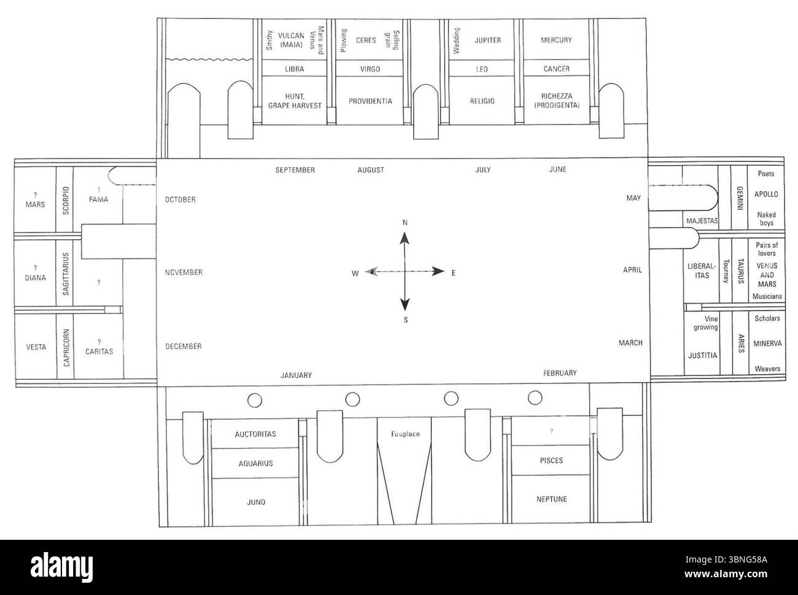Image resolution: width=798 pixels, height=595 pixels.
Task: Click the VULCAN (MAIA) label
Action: pos(291,40)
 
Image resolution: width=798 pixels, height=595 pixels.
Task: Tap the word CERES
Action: pos(366,40)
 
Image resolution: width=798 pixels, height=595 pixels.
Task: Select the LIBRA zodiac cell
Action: pos(295,68)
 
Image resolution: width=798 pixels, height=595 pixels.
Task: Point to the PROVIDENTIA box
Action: pos(370,101)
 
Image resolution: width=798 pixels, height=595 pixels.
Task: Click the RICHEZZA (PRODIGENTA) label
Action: pos(557,101)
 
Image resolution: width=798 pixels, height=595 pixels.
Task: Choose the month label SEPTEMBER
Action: pos(295,170)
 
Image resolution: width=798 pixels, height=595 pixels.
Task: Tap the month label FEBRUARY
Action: pos(560,373)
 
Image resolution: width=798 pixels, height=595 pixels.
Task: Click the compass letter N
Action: pos(405,222)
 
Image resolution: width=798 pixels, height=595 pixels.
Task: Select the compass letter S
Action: pos(406,320)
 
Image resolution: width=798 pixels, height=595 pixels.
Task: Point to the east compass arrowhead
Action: pos(438,271)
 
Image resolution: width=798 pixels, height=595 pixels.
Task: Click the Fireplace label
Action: pos(405,434)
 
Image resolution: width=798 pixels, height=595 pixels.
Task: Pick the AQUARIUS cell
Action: pos(255,463)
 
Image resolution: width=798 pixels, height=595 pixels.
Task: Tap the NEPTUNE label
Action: pos(551,499)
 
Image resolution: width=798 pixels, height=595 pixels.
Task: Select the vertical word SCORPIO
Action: pos(66,201)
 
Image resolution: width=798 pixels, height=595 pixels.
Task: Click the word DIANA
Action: pos(35,277)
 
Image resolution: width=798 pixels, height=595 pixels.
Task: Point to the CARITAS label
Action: pos(99,351)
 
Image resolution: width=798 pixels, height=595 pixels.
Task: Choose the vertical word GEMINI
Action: pos(740,198)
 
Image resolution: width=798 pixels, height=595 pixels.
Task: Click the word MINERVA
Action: pos(767,344)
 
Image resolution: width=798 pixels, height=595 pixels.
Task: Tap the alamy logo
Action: pos(62,567)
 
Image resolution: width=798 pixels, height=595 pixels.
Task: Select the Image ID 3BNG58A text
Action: pos(726,559)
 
